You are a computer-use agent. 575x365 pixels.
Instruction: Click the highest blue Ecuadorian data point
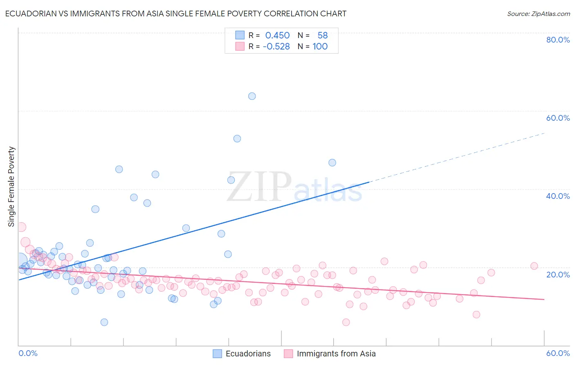tap(252, 96)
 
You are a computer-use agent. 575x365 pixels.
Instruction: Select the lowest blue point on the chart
tap(104, 322)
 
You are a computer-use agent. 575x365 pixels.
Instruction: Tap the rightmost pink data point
tap(534, 266)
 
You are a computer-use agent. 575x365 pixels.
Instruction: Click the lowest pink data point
tap(346, 322)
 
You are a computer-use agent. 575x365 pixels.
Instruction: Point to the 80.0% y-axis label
tap(558, 40)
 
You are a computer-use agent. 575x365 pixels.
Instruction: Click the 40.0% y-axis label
tap(558, 196)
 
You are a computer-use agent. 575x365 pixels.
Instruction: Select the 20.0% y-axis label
tap(558, 274)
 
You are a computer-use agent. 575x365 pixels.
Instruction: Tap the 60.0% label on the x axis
tap(558, 353)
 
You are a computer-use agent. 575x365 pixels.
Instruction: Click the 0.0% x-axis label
tap(28, 353)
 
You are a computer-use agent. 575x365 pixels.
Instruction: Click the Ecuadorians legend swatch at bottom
tap(218, 354)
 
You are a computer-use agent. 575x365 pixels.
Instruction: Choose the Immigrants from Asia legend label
tap(336, 354)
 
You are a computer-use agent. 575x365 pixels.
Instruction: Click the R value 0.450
tap(277, 36)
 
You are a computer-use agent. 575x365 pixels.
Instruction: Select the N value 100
tap(320, 47)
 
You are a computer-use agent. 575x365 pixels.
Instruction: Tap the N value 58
tap(323, 36)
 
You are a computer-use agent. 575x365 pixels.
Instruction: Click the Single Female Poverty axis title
tap(11, 187)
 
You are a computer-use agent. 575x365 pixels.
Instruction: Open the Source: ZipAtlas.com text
tap(538, 14)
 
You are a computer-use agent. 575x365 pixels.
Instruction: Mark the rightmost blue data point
tap(332, 162)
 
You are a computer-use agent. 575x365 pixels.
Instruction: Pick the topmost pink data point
tap(21, 227)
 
